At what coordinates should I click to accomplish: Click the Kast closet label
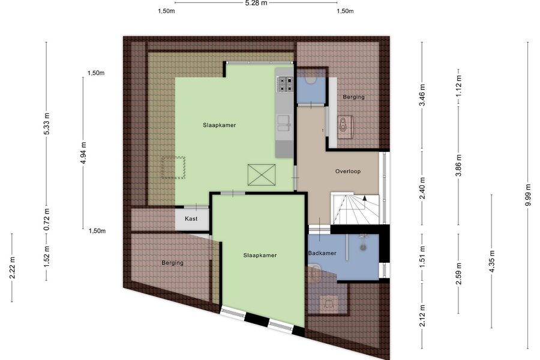pyautogui.click(x=191, y=219)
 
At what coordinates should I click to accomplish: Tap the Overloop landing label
pyautogui.click(x=348, y=171)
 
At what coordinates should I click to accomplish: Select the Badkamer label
pyautogui.click(x=322, y=253)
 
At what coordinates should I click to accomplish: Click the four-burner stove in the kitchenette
pyautogui.click(x=286, y=84)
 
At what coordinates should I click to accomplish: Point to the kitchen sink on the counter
pyautogui.click(x=284, y=124)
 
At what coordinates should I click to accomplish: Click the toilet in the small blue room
pyautogui.click(x=311, y=79)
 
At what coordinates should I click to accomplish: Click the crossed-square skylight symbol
pyautogui.click(x=262, y=175)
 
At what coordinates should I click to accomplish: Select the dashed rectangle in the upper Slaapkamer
pyautogui.click(x=173, y=167)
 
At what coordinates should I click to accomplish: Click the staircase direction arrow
pyautogui.click(x=364, y=199)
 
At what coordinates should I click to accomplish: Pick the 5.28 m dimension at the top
pyautogui.click(x=256, y=3)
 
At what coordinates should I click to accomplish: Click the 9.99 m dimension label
pyautogui.click(x=528, y=196)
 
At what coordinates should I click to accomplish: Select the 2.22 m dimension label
pyautogui.click(x=12, y=268)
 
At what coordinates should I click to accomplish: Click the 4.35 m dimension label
pyautogui.click(x=491, y=261)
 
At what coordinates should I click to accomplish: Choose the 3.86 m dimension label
pyautogui.click(x=458, y=166)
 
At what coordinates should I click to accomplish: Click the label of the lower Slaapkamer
pyautogui.click(x=260, y=255)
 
